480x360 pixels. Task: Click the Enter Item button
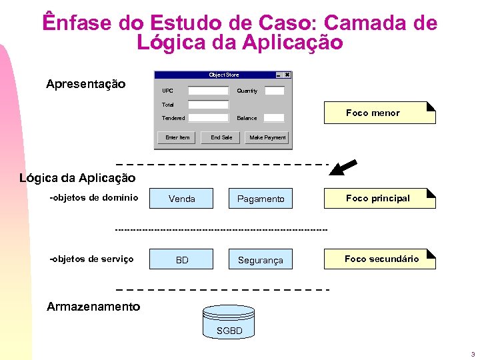click(x=177, y=137)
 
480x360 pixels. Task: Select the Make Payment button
click(x=267, y=137)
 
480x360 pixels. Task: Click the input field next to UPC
click(x=208, y=91)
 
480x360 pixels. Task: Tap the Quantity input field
click(x=275, y=91)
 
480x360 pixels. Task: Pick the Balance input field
click(x=275, y=118)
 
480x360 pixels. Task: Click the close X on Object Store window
click(x=287, y=75)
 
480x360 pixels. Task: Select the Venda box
click(x=182, y=199)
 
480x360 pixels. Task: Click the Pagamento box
click(x=261, y=199)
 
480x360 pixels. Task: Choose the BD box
click(x=182, y=259)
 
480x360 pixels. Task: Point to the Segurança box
click(x=261, y=259)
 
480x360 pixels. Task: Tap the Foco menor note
click(x=379, y=113)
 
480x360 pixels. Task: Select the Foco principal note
click(x=379, y=198)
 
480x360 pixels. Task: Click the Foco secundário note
click(x=380, y=259)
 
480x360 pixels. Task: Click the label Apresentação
click(x=85, y=84)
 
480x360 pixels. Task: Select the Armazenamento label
click(x=93, y=307)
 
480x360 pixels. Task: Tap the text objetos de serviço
click(x=92, y=259)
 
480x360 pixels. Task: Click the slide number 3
click(x=472, y=353)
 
